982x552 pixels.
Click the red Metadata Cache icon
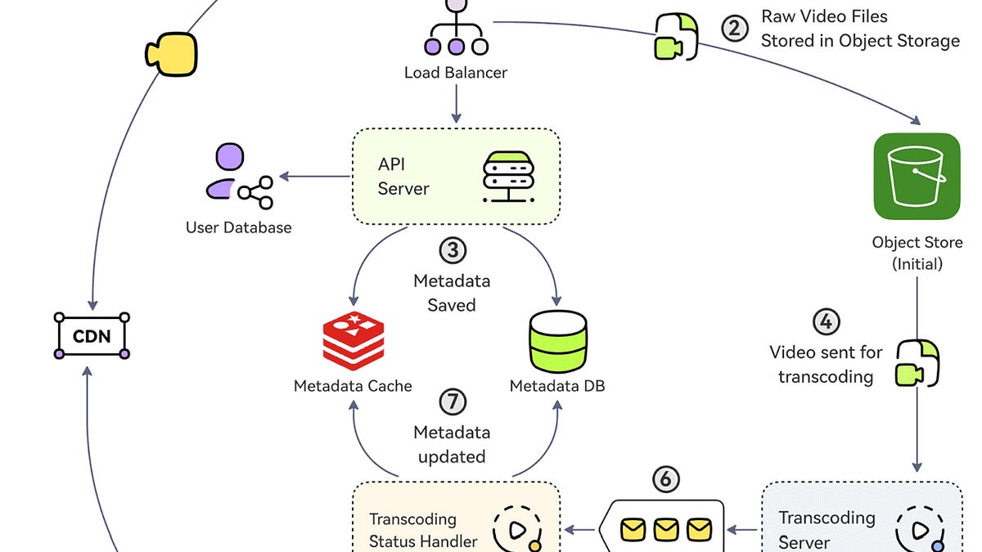pos(354,341)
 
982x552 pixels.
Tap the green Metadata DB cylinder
pos(558,341)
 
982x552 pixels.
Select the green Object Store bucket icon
pos(917,176)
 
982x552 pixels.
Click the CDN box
pos(92,336)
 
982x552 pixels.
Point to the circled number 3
pos(453,250)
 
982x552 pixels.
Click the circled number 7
pos(453,402)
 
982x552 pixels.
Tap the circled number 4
pos(827,322)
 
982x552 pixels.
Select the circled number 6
pos(666,479)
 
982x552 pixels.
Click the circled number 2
pos(735,29)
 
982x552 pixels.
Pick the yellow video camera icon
pos(171,54)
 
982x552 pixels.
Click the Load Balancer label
pos(456,73)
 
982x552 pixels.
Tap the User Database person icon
pos(239,176)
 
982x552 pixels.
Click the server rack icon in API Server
pos(508,177)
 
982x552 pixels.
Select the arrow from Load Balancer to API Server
pos(456,104)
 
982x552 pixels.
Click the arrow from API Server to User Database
pos(314,176)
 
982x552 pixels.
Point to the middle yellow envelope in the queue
pos(666,529)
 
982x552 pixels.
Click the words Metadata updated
pos(452,445)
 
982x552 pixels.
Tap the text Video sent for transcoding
pos(826,365)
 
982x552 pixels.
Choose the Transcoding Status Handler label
pos(423,530)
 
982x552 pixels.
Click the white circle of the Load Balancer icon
pos(480,47)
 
